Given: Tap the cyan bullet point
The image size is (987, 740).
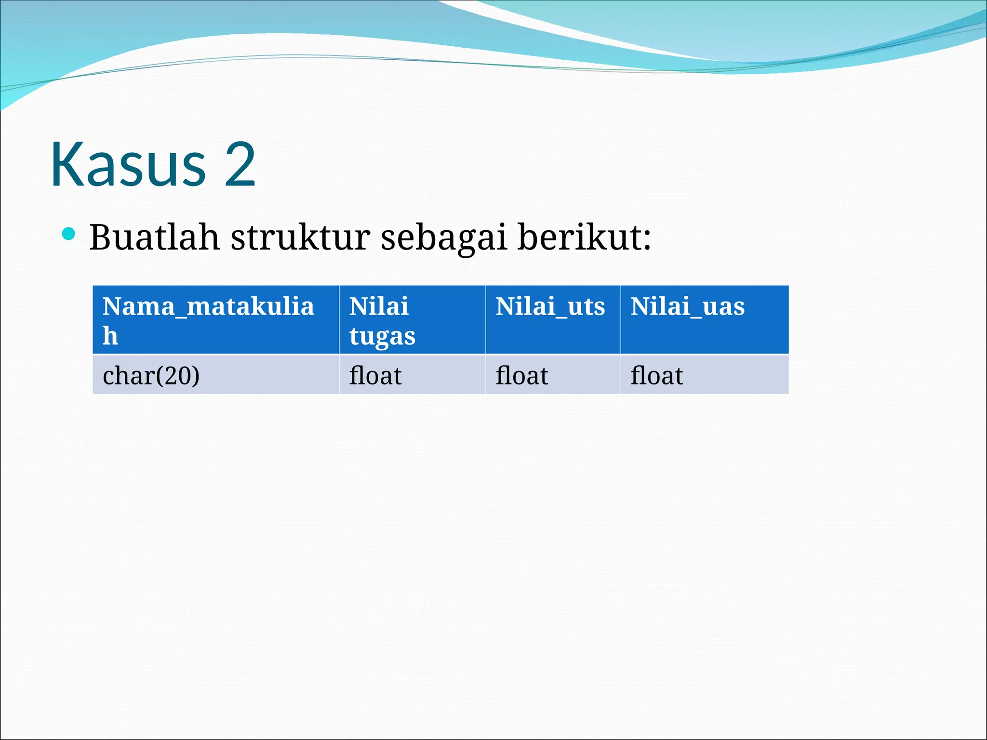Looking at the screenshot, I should pos(69,234).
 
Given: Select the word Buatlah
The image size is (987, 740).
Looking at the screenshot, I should pos(154,237).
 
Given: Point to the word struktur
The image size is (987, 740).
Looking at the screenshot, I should pos(300,237).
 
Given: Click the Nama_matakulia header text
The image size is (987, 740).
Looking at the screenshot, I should pos(208,306).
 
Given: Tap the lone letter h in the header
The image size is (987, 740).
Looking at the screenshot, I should pos(110,335).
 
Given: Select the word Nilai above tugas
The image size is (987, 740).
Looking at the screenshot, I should pos(379,306).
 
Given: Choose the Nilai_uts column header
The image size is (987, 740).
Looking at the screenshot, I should pos(550,306).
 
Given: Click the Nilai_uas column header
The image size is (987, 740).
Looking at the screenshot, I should pos(687,306).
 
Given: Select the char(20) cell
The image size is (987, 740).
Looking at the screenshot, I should pos(151,375).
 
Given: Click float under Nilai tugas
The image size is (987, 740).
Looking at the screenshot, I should pos(375,375).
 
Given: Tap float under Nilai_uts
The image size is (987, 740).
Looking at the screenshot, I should pos(521,375).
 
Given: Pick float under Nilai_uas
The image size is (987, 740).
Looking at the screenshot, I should pos(656,375).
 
